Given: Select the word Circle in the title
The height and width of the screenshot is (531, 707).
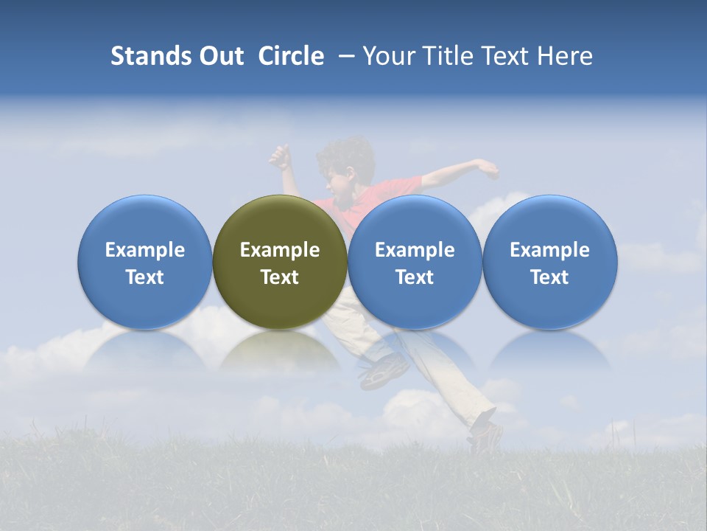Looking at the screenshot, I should pyautogui.click(x=291, y=56).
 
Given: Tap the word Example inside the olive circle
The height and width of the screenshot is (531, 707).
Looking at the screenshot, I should pyautogui.click(x=280, y=250).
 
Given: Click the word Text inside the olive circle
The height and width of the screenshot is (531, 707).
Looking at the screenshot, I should pyautogui.click(x=280, y=277).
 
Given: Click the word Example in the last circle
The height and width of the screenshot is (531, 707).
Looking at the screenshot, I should pyautogui.click(x=550, y=250).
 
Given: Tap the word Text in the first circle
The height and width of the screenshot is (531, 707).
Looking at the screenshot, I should pyautogui.click(x=145, y=277).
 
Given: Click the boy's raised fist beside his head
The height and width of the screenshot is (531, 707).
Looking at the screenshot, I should pyautogui.click(x=280, y=156).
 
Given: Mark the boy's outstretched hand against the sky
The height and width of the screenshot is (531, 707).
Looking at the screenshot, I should pyautogui.click(x=486, y=168).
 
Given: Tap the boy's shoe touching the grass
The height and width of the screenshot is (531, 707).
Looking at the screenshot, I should pyautogui.click(x=486, y=435).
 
